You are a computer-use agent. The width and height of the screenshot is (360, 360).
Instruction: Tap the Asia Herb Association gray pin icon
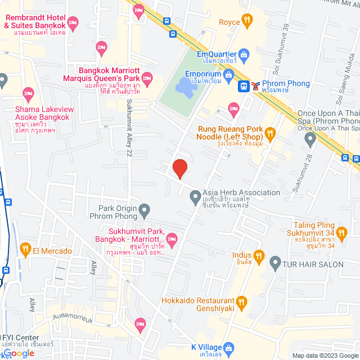(195, 197)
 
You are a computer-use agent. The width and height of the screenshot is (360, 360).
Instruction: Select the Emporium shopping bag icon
(228, 74)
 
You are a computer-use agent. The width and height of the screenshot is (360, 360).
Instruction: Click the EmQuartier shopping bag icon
(244, 54)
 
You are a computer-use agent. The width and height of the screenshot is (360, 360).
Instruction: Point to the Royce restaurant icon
(246, 22)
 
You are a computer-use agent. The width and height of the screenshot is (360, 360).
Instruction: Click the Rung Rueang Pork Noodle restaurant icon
(270, 133)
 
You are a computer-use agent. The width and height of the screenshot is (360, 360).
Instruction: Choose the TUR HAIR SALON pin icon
(275, 263)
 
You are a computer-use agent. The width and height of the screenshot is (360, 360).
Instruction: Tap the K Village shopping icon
(228, 347)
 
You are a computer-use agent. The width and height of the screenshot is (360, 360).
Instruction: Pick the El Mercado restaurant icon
(25, 248)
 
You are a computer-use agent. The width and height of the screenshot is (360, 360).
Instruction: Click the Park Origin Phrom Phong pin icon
(145, 211)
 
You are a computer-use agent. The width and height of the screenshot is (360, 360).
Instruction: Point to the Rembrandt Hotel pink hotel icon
(73, 22)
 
